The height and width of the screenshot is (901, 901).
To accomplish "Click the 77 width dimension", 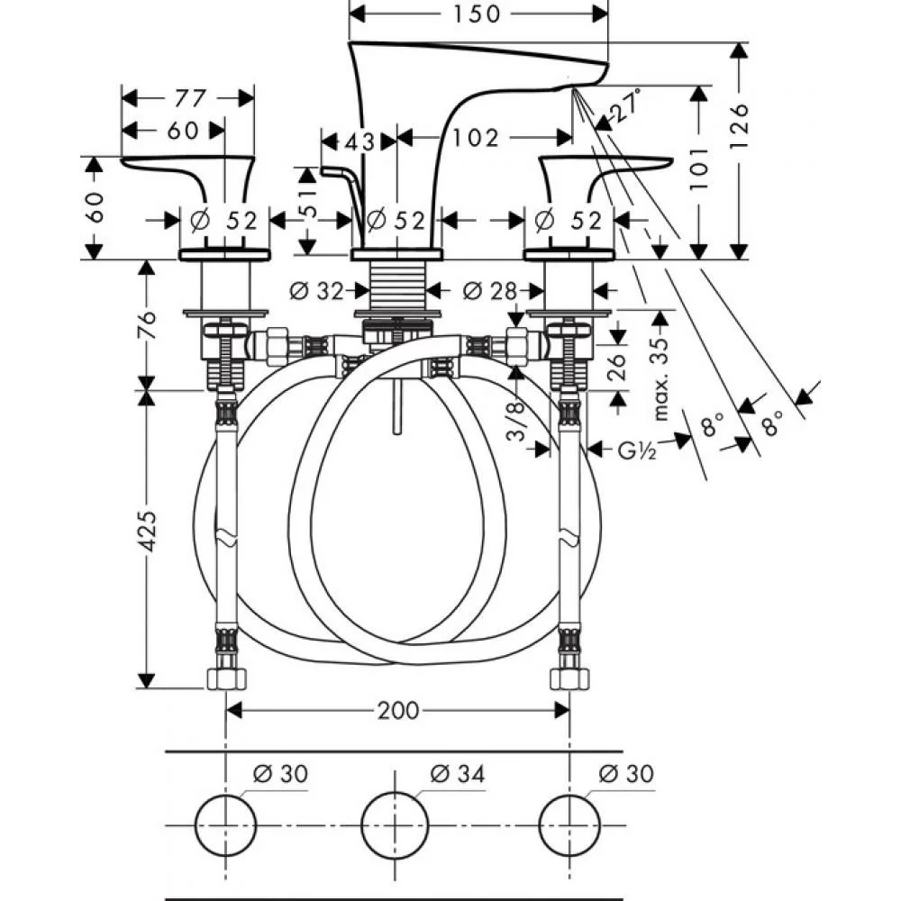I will (x=190, y=97).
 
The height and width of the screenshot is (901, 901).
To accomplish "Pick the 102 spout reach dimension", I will (x=476, y=138).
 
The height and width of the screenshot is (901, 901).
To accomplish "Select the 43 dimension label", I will (x=360, y=141).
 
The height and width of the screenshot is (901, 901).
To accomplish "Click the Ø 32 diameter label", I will (x=317, y=291).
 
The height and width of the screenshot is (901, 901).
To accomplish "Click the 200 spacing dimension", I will (x=398, y=711).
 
